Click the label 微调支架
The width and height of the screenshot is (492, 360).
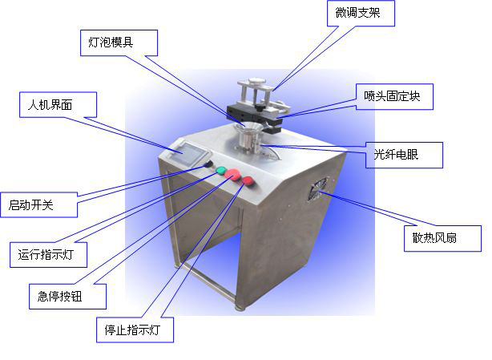(361, 13)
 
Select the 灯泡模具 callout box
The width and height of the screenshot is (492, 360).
(119, 42)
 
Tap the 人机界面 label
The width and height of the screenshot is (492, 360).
(58, 104)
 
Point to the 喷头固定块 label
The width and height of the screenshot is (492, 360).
(394, 96)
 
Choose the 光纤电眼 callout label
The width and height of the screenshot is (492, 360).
(404, 155)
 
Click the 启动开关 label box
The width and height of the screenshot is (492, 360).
(38, 204)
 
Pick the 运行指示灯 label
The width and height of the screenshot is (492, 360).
(48, 254)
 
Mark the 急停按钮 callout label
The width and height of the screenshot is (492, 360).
(67, 297)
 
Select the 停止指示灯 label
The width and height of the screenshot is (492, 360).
(135, 330)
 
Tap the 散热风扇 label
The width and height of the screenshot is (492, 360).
(442, 238)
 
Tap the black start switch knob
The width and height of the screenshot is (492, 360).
(208, 164)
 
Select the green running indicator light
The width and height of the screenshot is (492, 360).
(221, 171)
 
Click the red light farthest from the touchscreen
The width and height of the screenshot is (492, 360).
(248, 180)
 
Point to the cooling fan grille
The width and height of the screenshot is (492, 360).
(317, 188)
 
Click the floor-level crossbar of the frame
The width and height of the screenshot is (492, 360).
(208, 281)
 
